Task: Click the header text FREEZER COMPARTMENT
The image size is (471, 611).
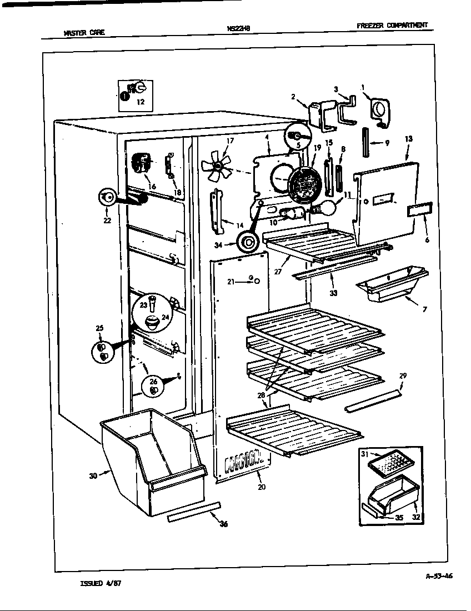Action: pyautogui.click(x=393, y=25)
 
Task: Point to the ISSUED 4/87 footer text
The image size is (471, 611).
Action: pyautogui.click(x=101, y=584)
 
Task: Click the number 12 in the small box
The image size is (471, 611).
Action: pyautogui.click(x=140, y=102)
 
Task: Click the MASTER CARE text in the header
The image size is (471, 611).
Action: pyautogui.click(x=84, y=33)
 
